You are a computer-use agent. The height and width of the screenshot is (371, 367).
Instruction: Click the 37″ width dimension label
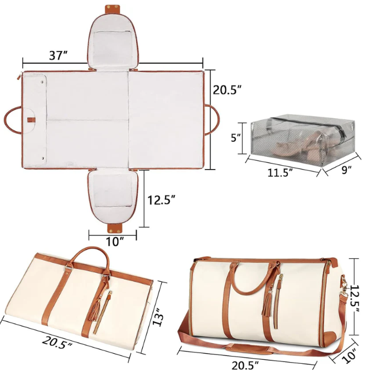pyautogui.click(x=59, y=56)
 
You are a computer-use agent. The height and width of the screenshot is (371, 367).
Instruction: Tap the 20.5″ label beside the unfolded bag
pyautogui.click(x=227, y=90)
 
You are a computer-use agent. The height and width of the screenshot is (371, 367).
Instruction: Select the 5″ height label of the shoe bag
pyautogui.click(x=235, y=138)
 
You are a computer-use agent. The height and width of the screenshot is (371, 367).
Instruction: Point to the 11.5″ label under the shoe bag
pyautogui.click(x=280, y=172)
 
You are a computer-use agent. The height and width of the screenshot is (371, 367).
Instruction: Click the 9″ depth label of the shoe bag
pyautogui.click(x=346, y=170)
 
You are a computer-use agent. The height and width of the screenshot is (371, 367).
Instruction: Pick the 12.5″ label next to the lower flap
pyautogui.click(x=162, y=200)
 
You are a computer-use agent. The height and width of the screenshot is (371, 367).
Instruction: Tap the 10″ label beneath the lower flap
pyautogui.click(x=115, y=242)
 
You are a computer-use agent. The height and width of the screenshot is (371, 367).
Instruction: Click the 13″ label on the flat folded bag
pyautogui.click(x=158, y=316)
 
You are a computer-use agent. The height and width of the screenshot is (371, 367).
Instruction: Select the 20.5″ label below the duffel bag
pyautogui.click(x=245, y=365)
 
